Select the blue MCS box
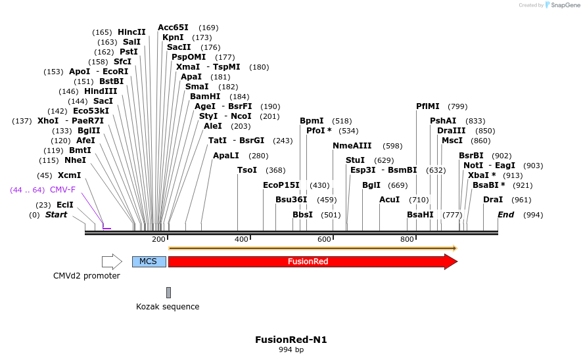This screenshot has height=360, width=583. pos(149,261)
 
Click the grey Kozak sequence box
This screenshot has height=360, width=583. pos(168,292)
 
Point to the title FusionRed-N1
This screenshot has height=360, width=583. pos(291,340)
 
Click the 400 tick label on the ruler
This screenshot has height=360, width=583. pos(242,239)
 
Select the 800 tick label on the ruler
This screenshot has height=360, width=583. pos(407,239)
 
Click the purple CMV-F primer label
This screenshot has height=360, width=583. pos(63,190)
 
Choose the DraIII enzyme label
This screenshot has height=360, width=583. pos(451,131)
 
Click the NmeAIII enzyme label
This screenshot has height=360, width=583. pos(352,146)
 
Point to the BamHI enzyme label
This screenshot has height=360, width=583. pos(205,97)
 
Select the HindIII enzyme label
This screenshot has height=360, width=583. pos(101,91)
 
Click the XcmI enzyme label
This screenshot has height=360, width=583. pos(70,175)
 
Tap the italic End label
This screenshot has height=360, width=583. pos(505,215)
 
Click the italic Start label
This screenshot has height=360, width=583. pos(56,215)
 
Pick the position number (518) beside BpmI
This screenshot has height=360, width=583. pos(342,121)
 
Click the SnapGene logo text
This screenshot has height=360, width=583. pos(564,5)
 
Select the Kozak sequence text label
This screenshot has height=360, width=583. pos(168,307)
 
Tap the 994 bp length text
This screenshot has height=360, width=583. pos(291,350)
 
